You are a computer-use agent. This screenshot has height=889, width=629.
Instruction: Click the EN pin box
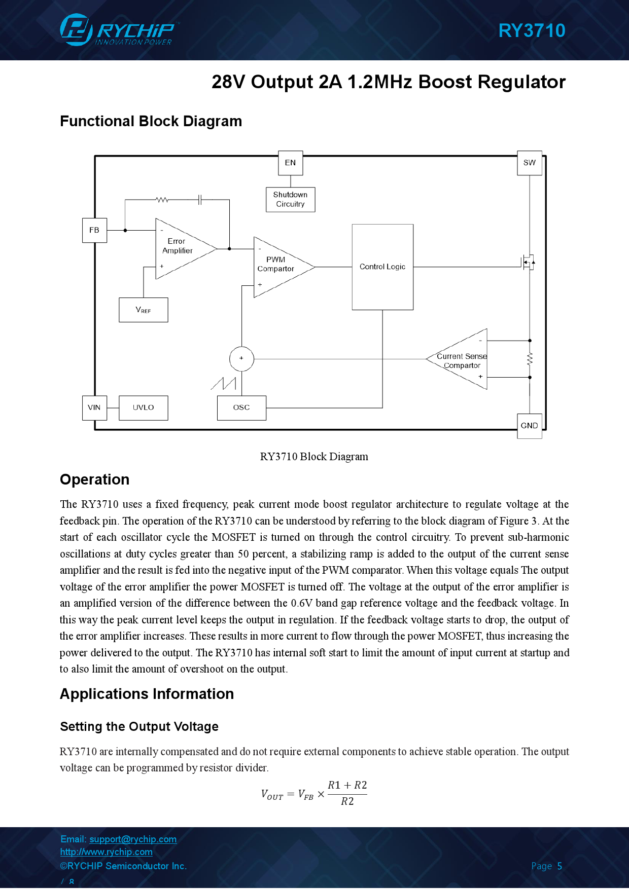coord(291,163)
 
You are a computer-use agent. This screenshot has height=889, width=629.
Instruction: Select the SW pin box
coord(530,163)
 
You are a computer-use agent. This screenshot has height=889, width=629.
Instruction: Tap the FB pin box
coord(94,230)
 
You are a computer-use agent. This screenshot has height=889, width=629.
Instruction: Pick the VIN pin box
coord(94,408)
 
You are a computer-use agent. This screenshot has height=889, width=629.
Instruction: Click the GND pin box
coord(530,426)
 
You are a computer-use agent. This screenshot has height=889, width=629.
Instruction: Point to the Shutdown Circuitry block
coord(291,199)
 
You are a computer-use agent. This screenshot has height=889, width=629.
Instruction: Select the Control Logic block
coord(382,267)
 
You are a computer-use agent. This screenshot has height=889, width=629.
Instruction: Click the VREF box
coord(144,310)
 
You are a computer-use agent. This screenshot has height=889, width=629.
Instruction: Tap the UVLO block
coord(144,408)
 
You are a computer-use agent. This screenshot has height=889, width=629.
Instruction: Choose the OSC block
coord(241,408)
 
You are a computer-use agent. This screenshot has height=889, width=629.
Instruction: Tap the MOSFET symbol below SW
coord(528,262)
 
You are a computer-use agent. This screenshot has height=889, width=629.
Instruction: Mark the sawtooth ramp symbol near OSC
coord(224,384)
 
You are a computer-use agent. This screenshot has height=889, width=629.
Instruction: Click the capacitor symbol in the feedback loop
coord(200,200)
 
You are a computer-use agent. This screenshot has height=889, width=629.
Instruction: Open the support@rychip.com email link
coord(133,839)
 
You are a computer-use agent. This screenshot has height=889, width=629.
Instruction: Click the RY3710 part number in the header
coord(532,30)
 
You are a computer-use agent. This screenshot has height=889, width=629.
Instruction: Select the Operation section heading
coord(95,479)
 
